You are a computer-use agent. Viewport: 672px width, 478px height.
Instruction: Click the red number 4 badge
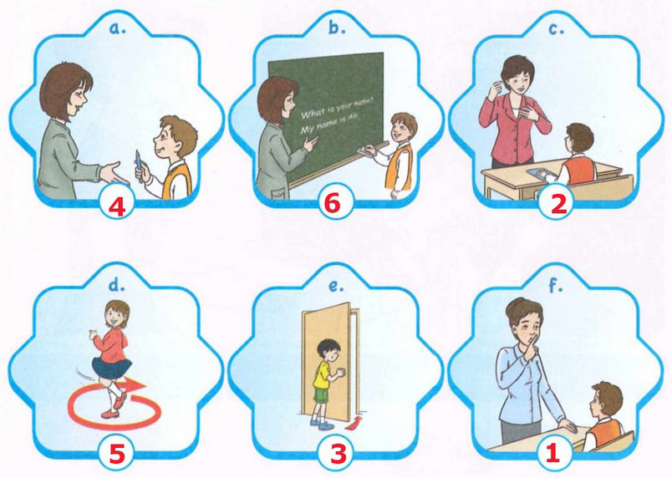(x=117, y=206)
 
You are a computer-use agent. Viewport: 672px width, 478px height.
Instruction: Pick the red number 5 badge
(x=116, y=454)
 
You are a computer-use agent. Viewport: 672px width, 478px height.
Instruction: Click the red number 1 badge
(x=552, y=452)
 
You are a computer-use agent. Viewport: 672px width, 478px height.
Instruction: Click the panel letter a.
(x=116, y=28)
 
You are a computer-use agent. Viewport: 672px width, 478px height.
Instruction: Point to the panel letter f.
(x=555, y=284)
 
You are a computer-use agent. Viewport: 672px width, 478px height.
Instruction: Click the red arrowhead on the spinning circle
(x=138, y=385)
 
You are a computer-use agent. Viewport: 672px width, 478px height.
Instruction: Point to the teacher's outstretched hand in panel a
(x=110, y=172)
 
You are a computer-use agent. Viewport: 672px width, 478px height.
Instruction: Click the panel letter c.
(x=556, y=28)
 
